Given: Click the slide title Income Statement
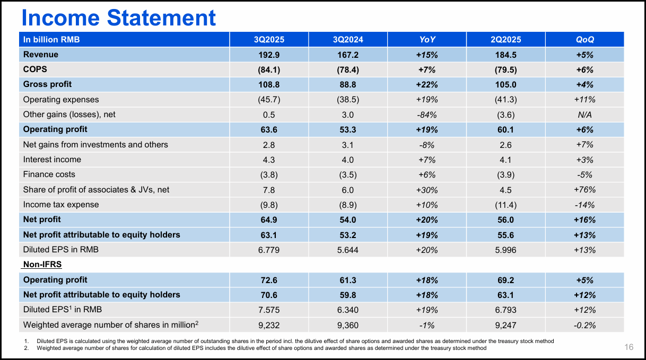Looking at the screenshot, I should (118, 17).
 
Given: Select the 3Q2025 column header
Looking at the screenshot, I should (269, 39).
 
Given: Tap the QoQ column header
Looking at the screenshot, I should (585, 39).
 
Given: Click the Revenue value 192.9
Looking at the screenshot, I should (269, 55).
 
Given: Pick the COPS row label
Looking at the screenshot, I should (36, 69).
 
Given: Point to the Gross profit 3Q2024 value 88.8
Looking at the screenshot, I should (348, 84).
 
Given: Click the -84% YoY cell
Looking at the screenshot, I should (427, 115).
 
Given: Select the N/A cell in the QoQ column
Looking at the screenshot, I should (585, 115).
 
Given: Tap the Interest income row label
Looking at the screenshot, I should (52, 160).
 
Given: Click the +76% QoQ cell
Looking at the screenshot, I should (585, 190).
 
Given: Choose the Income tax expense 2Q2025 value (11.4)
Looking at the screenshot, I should (506, 205).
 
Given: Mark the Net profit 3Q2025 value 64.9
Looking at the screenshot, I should (269, 219).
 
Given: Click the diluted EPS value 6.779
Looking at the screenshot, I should (269, 250).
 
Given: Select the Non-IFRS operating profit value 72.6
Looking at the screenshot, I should (269, 280).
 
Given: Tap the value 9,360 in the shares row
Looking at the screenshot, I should (348, 325).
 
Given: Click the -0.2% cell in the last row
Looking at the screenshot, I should (585, 325).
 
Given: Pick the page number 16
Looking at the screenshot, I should (628, 347).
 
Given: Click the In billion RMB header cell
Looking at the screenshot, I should (51, 39).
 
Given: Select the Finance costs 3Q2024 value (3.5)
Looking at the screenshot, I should (348, 174).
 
